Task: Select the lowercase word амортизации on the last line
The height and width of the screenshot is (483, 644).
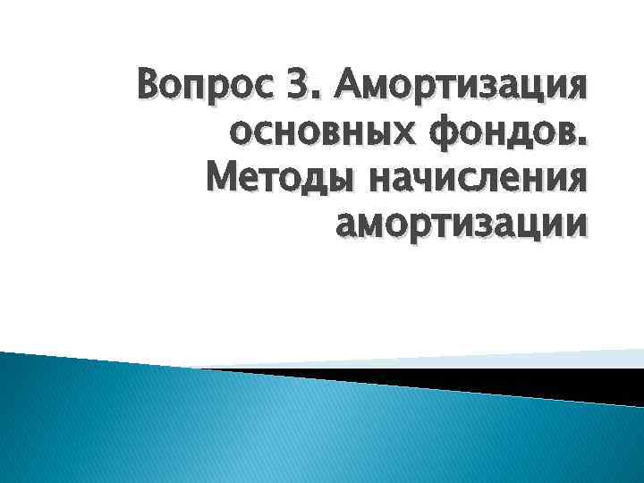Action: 462,225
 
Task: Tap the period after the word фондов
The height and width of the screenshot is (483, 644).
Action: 584,145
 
